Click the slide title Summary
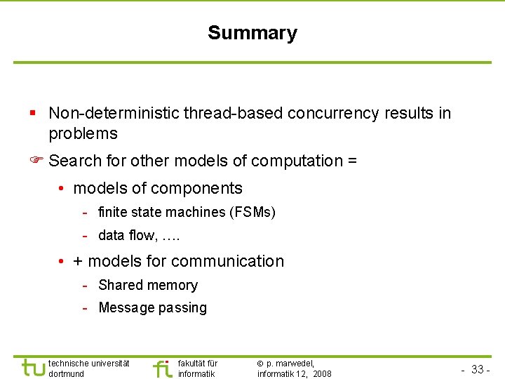point(252,33)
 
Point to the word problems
point(83,133)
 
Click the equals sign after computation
point(351,161)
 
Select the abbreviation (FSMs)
point(252,212)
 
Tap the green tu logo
point(32,368)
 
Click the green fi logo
point(163,368)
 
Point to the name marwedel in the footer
point(295,363)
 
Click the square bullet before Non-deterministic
point(33,113)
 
